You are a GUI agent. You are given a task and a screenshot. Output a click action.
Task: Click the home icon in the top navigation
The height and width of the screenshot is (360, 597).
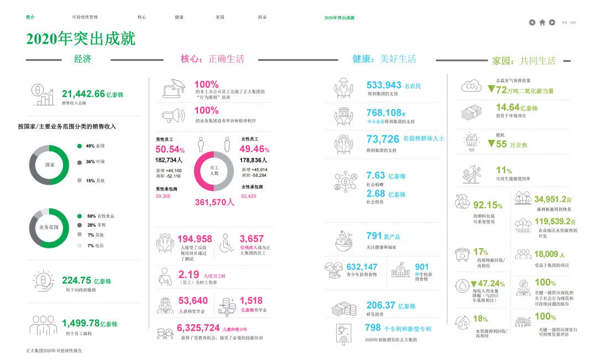pyautogui.click(x=542, y=23)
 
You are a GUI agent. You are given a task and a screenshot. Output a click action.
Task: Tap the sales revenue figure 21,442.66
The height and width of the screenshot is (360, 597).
pyautogui.click(x=83, y=94)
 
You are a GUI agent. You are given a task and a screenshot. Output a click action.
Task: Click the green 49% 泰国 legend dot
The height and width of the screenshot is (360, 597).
pyautogui.click(x=80, y=146)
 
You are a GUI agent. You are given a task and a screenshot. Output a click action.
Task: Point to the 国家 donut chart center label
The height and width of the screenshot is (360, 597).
pyautogui.click(x=49, y=165)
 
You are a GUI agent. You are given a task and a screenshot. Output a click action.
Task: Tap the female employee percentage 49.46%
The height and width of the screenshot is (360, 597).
pyautogui.click(x=254, y=149)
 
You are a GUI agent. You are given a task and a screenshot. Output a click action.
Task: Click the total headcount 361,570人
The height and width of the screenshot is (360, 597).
pyautogui.click(x=215, y=202)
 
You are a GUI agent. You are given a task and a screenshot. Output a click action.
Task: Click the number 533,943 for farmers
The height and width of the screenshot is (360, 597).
pyautogui.click(x=384, y=85)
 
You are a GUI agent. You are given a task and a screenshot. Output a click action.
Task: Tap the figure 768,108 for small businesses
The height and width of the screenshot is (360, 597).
pyautogui.click(x=384, y=113)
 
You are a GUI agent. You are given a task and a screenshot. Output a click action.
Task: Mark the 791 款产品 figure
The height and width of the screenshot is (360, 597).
pyautogui.click(x=375, y=236)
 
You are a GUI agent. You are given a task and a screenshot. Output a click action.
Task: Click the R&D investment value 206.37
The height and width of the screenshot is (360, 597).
pyautogui.click(x=381, y=305)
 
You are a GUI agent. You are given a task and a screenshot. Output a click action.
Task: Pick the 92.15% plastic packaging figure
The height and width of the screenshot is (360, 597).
pyautogui.click(x=488, y=205)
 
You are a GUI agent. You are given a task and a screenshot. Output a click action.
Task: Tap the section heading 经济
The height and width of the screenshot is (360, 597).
pyautogui.click(x=82, y=59)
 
